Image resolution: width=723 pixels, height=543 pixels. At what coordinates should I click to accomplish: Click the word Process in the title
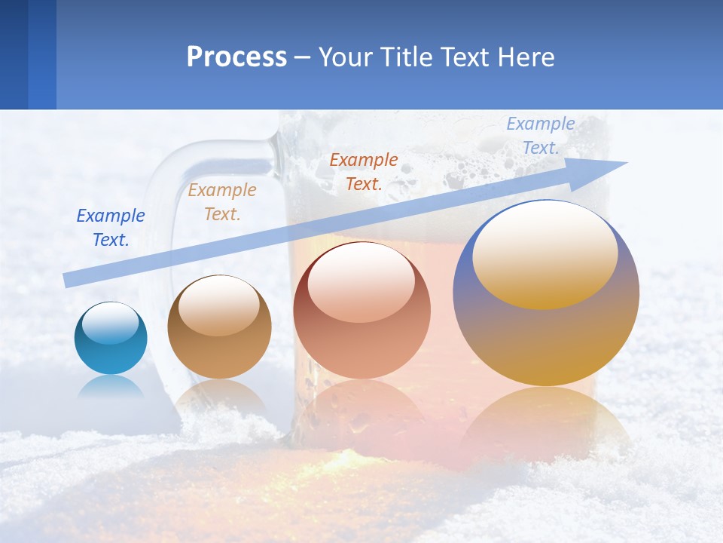coord(236,57)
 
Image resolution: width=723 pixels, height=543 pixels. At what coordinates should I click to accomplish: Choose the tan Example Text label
coord(222,202)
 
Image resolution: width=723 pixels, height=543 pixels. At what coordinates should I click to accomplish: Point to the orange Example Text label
coord(364,171)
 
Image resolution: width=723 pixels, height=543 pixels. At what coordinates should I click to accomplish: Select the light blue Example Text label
coord(541,136)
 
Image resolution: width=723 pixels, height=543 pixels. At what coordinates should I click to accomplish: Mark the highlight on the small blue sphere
coord(111,322)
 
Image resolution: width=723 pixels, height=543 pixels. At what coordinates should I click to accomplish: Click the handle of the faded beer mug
coord(162,219)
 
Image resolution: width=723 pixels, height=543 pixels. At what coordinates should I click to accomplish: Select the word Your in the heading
coord(346,57)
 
